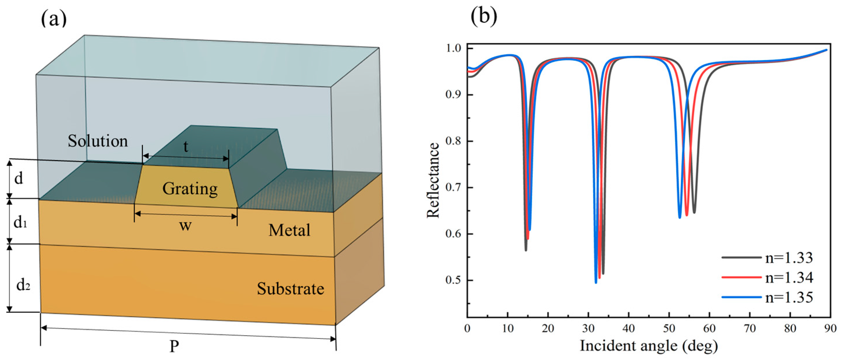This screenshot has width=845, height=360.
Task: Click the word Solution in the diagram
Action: click(98, 141)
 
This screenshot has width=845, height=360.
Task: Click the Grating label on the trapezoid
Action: click(190, 189)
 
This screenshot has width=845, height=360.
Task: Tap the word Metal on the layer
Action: click(289, 230)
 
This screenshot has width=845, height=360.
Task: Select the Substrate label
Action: click(290, 289)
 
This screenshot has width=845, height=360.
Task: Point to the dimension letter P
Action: click(174, 346)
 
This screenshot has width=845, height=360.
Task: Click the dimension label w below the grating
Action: click(185, 226)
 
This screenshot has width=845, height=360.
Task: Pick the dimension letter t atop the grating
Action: click(186, 147)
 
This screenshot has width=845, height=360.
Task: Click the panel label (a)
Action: click(53, 19)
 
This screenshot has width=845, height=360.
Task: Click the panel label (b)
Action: click(484, 16)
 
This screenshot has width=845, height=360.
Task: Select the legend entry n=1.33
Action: click(789, 258)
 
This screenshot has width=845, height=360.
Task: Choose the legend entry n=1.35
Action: click(789, 297)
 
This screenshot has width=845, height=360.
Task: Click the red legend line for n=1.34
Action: click(741, 277)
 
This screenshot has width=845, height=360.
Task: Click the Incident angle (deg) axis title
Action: click(649, 346)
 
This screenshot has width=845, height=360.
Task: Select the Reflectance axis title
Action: click(433, 180)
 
